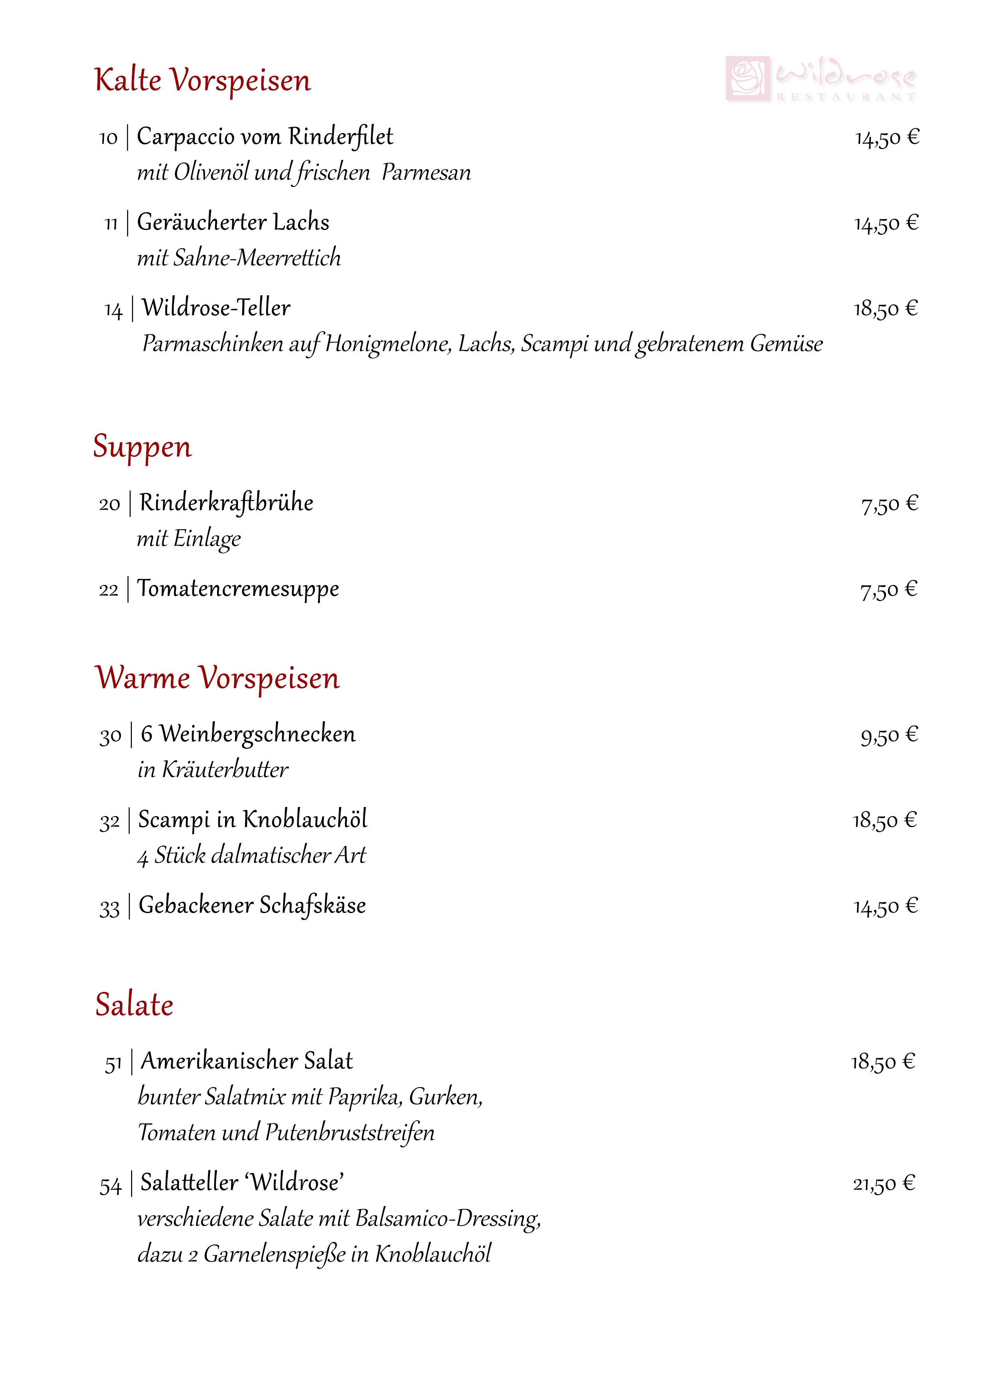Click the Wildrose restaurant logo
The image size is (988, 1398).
[x=821, y=79]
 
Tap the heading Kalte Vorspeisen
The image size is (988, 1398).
[x=203, y=81]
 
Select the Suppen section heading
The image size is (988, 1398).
[x=143, y=446]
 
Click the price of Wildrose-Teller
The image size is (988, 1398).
[x=886, y=309]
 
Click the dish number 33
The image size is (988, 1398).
[x=110, y=908]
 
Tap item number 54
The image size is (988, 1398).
[x=111, y=1186]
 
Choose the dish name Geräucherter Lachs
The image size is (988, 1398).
[x=233, y=222]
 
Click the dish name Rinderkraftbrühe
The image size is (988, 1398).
[x=226, y=503]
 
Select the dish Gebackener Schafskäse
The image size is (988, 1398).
[x=252, y=905]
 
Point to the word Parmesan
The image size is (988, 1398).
[x=426, y=173]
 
